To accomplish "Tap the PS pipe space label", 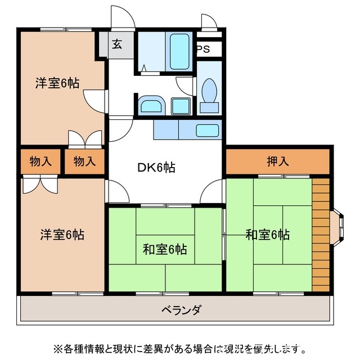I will [203, 49].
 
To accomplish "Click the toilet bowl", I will [209, 90].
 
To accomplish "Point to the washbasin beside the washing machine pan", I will [151, 105].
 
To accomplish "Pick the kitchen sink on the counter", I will [207, 131].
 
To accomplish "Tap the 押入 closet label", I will [278, 162].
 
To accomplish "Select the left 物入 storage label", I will [40, 162].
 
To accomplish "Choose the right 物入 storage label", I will [84, 162].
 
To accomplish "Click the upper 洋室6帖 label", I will [57, 83].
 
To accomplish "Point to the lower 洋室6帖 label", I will [61, 235].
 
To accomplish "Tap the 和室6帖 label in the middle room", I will [165, 249].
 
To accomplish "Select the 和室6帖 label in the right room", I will [267, 235].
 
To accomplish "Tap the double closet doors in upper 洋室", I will [84, 139].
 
